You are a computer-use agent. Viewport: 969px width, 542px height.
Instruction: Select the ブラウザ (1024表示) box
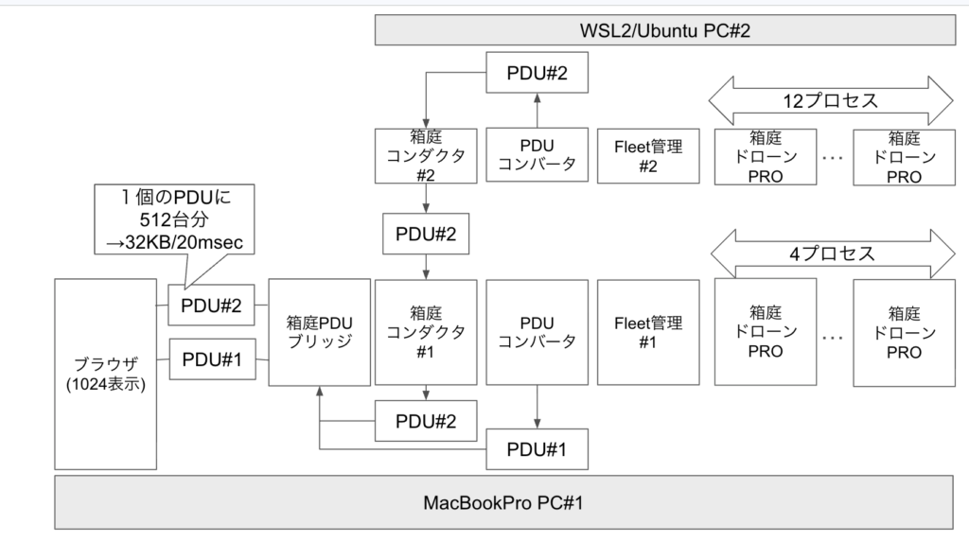tap(105, 375)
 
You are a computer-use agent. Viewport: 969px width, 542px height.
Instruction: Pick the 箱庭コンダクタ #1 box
tap(424, 331)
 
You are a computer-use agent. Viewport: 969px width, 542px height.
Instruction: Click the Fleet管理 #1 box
tap(647, 331)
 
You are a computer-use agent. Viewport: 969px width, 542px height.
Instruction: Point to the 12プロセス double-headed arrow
tap(832, 98)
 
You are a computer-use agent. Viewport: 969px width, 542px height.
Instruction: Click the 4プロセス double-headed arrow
tap(832, 254)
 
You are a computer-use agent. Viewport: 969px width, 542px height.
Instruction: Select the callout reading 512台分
tap(175, 219)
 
